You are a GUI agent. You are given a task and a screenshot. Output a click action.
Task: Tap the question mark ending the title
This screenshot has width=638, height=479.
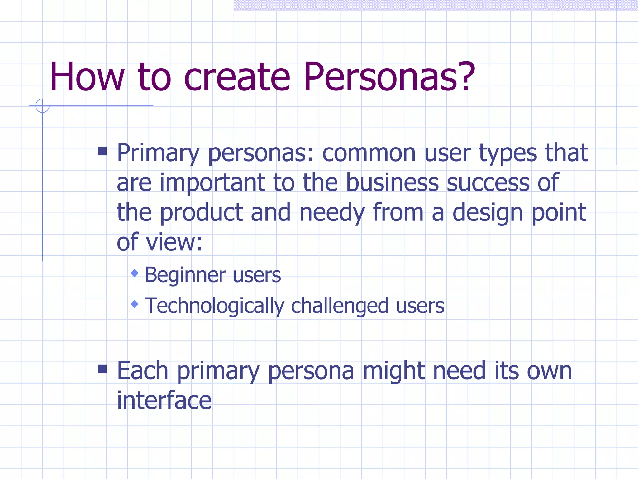465,77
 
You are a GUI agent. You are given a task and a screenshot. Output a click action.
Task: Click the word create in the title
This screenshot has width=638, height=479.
237,77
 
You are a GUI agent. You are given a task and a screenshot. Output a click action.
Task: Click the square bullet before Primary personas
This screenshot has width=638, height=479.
102,151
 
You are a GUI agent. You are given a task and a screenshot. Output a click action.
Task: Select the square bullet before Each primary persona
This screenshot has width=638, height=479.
102,369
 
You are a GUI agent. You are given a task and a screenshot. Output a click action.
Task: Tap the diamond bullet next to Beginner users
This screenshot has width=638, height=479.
135,273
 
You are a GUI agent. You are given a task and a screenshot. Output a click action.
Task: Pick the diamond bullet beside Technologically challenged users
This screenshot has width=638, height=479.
135,304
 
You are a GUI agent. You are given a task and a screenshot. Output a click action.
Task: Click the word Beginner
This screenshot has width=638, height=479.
185,275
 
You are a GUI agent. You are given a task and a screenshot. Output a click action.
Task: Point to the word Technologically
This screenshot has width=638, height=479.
214,306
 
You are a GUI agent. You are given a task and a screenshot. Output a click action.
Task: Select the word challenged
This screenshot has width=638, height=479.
340,306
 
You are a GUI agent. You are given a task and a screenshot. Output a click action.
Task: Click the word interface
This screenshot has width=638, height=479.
164,400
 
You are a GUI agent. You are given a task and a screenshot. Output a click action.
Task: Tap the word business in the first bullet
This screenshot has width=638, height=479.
392,183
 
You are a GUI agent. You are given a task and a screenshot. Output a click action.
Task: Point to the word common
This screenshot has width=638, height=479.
369,153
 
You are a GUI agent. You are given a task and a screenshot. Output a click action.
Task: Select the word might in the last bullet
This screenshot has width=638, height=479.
393,371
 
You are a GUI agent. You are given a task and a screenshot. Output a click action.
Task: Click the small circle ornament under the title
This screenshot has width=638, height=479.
42,106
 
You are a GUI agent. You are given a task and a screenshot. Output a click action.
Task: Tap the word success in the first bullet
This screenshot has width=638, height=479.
488,183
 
